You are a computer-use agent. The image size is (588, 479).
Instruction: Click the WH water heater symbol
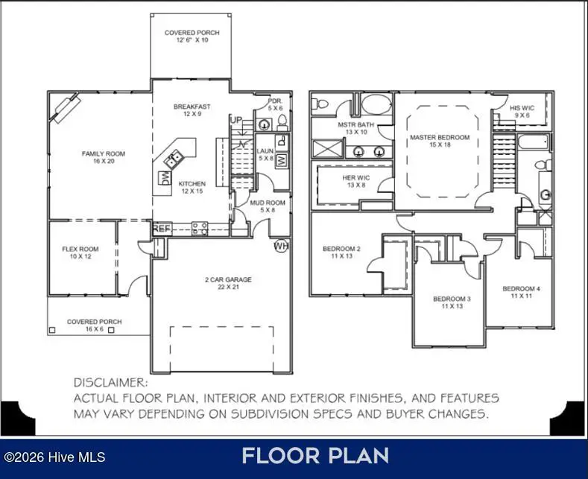click(x=281, y=246)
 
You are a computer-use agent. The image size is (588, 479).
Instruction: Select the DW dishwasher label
click(x=164, y=178)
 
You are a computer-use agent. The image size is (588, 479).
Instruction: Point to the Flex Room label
click(x=80, y=253)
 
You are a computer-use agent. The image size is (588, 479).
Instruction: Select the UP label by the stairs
click(x=236, y=120)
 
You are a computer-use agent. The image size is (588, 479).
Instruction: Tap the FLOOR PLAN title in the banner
click(x=315, y=455)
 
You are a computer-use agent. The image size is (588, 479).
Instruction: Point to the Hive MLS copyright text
click(x=54, y=457)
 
